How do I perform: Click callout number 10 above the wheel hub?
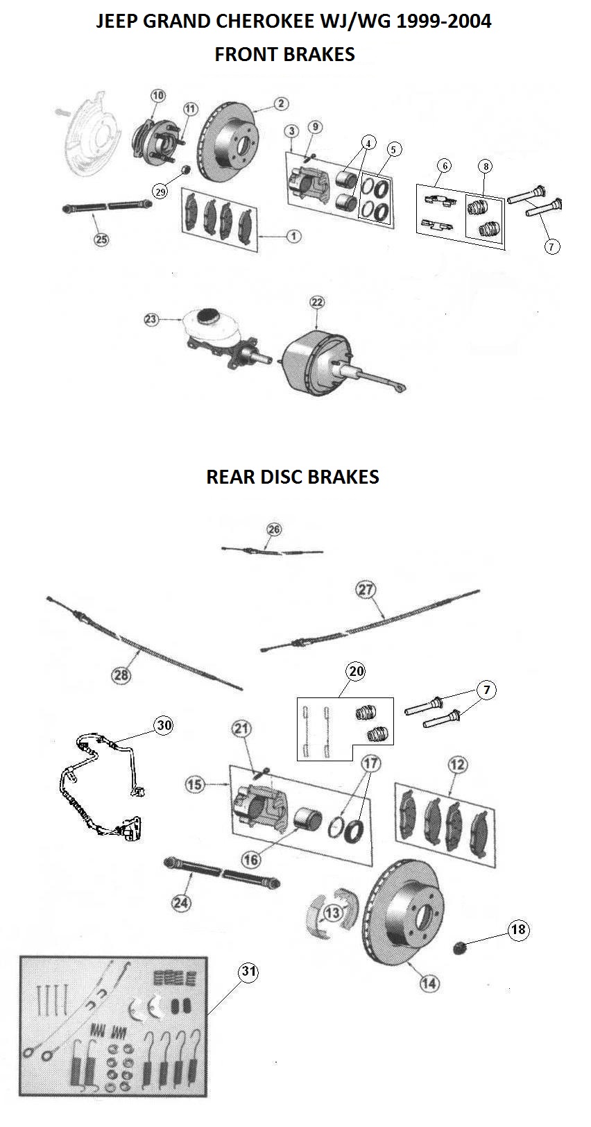158,95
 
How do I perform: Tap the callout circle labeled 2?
280,104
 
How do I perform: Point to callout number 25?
101,239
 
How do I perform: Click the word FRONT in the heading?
245,54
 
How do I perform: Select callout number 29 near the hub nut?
161,192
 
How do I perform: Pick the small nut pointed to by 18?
459,946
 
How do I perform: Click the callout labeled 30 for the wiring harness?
164,725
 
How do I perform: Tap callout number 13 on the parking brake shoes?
333,911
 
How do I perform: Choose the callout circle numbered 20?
356,671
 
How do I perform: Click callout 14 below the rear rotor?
429,983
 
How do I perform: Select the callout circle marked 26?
274,529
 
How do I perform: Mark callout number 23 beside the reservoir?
152,319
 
